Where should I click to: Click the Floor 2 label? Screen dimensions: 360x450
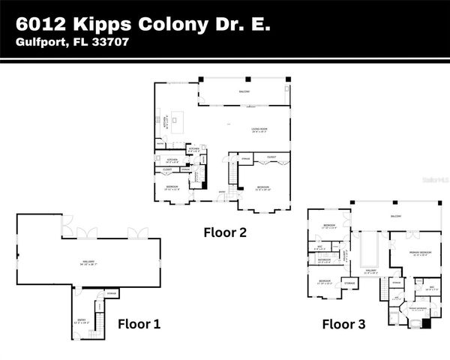coord(225,232)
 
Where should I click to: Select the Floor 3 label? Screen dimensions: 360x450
coord(343,324)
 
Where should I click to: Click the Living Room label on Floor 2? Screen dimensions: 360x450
coord(259,130)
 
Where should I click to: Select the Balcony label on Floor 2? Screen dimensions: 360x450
coord(244,91)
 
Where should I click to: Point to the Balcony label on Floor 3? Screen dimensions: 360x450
coord(395,217)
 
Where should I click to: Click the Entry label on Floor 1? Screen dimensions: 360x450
coord(82,319)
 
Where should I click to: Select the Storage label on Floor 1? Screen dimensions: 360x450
coord(111,292)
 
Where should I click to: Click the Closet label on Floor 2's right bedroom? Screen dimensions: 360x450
coord(271,157)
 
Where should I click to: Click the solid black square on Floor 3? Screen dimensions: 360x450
coord(427,323)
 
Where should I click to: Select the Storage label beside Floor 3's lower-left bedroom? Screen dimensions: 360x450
coord(349,283)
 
